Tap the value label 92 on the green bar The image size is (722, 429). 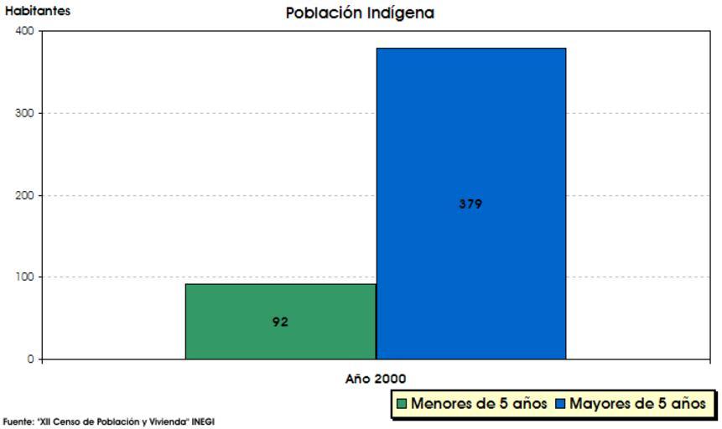(280, 322)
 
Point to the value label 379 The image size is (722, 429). (470, 204)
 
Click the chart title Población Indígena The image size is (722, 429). (360, 13)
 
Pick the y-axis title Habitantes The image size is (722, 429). (38, 12)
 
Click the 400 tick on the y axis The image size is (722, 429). (24, 31)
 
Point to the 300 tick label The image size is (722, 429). (24, 113)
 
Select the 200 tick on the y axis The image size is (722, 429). (24, 195)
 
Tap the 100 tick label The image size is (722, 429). (24, 277)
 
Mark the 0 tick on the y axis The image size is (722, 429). (30, 359)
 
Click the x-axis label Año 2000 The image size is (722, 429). (376, 379)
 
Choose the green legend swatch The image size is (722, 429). (403, 404)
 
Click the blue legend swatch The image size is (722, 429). (560, 404)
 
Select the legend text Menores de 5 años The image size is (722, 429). (479, 404)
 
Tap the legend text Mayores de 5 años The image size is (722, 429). (637, 404)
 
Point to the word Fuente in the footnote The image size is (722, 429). (16, 422)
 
